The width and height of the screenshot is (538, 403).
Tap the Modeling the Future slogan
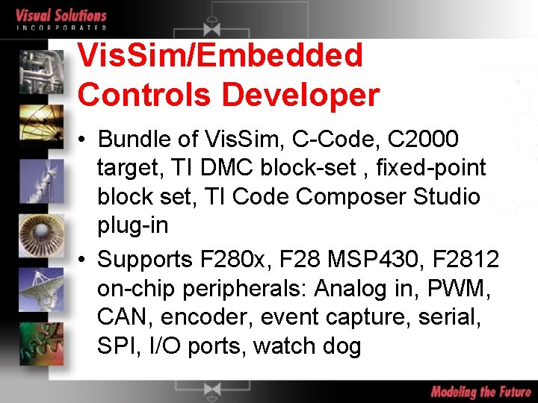pos(480,392)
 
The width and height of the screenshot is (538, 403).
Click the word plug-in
pos(132,225)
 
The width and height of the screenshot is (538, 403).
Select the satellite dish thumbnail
pos(41,285)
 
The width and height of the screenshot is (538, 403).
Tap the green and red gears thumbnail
pos(41,340)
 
